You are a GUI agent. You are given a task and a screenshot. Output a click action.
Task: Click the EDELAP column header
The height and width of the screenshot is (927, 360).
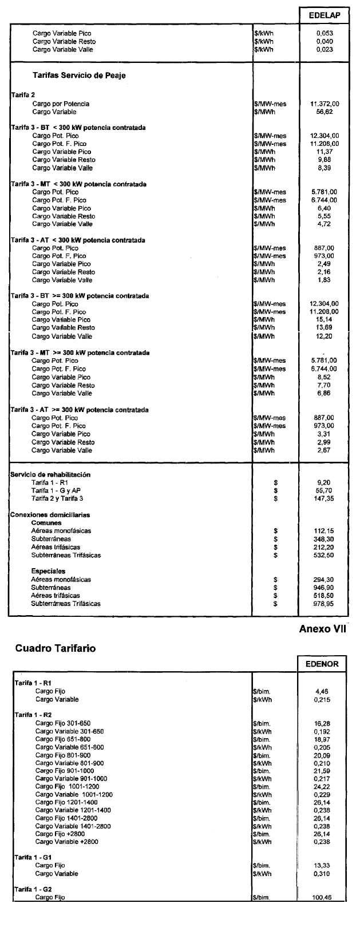coord(324,15)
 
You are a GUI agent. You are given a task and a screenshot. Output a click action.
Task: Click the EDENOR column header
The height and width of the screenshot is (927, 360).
coord(322,664)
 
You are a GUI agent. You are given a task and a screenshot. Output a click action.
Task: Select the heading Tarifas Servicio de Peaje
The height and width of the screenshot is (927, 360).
coord(79,76)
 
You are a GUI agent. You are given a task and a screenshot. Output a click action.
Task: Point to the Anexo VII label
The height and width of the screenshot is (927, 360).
coord(323,629)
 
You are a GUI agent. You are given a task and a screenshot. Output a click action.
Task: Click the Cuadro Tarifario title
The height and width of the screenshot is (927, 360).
coord(56,648)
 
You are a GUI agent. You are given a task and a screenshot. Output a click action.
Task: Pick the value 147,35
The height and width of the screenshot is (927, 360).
coord(324,499)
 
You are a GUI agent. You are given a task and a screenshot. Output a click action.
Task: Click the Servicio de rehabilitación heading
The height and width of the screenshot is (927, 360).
coord(50,474)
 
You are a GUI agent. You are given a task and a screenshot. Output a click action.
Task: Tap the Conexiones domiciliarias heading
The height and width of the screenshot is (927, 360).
coord(50,515)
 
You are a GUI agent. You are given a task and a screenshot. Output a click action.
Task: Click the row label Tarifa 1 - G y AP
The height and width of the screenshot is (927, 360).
coord(56,491)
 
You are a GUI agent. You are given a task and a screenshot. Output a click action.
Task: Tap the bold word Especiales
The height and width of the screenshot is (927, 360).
coord(48,571)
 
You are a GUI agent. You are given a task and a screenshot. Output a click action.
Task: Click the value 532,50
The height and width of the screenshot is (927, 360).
coord(324,555)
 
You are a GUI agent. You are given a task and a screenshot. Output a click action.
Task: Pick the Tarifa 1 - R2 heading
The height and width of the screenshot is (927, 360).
coord(33,715)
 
